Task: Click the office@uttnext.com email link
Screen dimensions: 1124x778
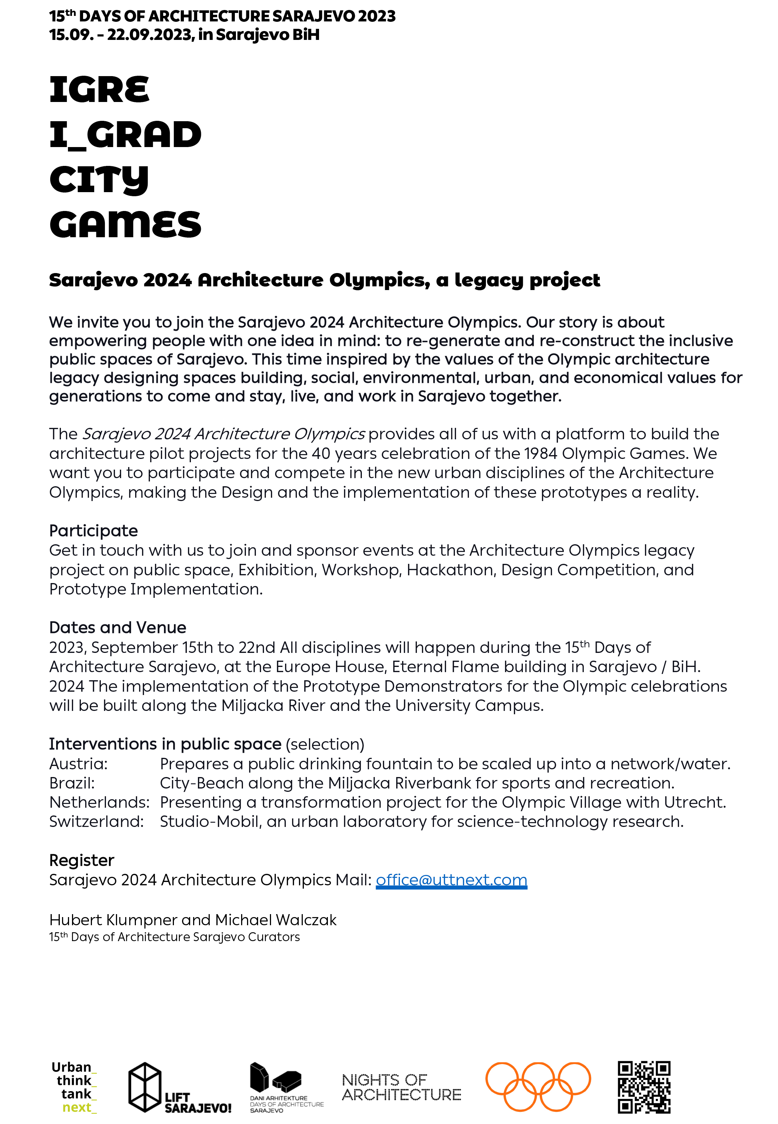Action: (451, 880)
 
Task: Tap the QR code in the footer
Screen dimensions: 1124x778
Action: (644, 1087)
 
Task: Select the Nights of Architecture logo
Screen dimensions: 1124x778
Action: (401, 1087)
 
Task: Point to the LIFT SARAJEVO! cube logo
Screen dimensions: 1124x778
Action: (179, 1088)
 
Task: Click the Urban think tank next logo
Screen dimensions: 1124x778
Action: (74, 1087)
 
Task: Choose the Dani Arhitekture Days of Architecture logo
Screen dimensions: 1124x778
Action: (286, 1088)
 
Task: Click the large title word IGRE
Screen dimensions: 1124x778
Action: (99, 90)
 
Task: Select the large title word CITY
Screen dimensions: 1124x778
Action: (99, 180)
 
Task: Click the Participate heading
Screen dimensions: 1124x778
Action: (93, 531)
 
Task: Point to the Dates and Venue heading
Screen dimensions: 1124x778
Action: (117, 627)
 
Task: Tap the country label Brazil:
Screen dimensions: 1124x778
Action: (72, 783)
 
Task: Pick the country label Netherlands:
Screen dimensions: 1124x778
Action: (99, 802)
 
